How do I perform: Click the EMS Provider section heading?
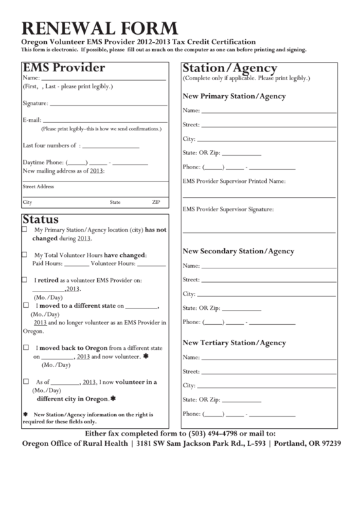(64, 68)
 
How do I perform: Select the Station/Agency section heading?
(230, 68)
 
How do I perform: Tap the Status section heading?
(41, 220)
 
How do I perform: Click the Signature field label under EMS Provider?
(35, 103)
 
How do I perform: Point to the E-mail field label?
(33, 120)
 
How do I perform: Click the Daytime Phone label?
(43, 162)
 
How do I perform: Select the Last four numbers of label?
(49, 145)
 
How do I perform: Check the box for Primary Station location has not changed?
(25, 230)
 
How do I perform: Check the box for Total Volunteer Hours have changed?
(25, 255)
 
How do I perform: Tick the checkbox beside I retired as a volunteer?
(25, 279)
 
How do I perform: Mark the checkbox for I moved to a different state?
(25, 306)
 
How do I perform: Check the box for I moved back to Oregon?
(25, 347)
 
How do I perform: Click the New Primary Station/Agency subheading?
(234, 96)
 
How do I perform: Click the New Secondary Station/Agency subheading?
(238, 251)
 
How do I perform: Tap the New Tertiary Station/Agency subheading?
(234, 343)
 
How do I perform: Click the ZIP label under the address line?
(156, 203)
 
